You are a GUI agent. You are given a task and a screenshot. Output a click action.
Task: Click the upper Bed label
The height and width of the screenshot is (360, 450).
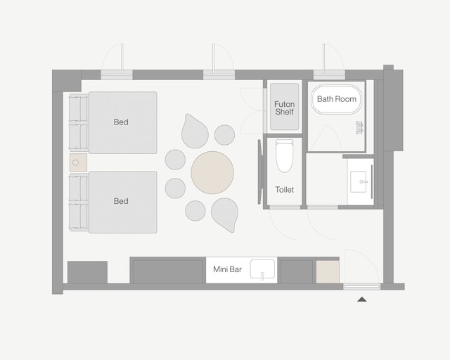121,122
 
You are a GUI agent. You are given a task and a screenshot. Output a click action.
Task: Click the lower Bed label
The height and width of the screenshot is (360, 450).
121,201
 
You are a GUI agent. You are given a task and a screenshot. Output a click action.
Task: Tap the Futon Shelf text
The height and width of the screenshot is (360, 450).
285,109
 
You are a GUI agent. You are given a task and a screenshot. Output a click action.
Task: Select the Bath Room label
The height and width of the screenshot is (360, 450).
336,99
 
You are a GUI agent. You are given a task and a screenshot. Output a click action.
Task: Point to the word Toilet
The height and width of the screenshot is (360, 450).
285,190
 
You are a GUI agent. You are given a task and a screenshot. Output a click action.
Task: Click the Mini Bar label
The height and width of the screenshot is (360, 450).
227,269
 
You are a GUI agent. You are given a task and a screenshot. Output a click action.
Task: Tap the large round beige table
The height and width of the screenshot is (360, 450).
212,172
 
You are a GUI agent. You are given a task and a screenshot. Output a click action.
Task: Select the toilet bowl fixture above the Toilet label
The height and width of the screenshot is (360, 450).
284,156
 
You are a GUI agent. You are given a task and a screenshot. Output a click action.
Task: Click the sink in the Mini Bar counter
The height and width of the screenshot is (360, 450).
263,269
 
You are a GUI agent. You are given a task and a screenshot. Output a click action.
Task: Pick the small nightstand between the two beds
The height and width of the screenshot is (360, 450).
77,163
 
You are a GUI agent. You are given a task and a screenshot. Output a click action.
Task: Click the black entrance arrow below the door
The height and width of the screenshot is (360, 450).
361,300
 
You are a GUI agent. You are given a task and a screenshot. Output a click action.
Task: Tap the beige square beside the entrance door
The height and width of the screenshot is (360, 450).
327,271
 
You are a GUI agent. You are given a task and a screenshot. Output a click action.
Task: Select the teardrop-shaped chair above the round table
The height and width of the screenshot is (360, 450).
195,131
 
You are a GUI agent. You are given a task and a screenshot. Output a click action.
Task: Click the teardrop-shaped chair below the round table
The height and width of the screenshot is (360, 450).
225,214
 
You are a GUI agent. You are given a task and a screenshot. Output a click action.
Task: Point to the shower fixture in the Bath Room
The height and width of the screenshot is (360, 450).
359,127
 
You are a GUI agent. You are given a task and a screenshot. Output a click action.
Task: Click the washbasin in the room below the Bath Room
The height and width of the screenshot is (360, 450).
361,181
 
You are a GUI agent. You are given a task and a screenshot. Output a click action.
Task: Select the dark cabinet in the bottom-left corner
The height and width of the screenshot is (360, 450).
87,272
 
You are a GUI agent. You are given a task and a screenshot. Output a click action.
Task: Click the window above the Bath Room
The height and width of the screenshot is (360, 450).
329,75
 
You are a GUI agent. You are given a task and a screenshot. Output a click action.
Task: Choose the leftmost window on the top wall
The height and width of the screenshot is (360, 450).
117,75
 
